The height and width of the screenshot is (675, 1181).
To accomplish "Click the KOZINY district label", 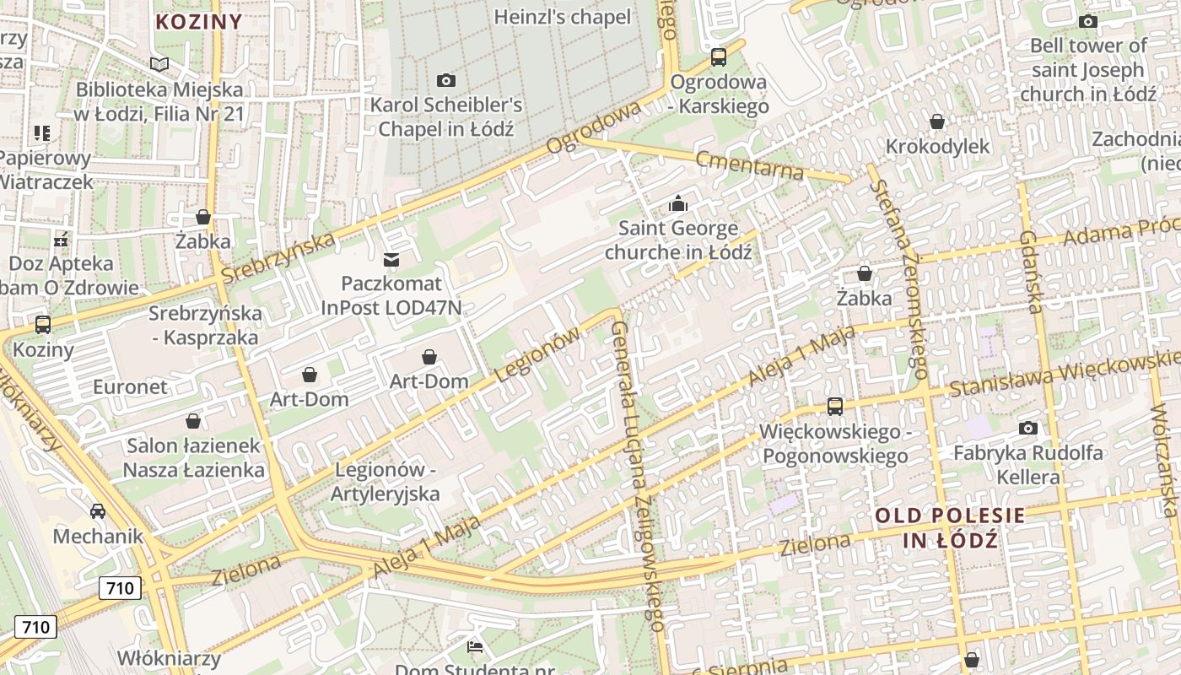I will [x=199, y=22].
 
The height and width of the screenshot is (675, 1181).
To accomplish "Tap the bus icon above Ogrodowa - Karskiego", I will [x=719, y=57].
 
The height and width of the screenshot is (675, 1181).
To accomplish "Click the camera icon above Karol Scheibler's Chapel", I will [x=446, y=80].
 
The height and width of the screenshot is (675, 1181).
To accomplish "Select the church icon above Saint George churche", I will [x=677, y=203].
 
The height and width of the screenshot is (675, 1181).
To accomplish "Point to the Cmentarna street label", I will [x=750, y=165].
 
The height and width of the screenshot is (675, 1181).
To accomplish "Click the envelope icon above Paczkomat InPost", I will [x=391, y=259].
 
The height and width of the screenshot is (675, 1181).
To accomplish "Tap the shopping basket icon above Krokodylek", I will [x=936, y=121].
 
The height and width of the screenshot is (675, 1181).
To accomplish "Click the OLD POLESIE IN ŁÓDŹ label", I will [x=950, y=527].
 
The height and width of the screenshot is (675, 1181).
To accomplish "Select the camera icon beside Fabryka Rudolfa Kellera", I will [x=1027, y=428].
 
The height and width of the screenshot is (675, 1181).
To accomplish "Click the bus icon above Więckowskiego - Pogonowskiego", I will [x=835, y=407].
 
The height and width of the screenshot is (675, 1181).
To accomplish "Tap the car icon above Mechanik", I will [x=98, y=510].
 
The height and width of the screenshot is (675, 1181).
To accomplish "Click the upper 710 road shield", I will [x=120, y=587].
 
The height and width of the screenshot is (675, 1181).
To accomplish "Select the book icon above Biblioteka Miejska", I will [x=159, y=64].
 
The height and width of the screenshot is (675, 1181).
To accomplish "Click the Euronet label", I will [x=131, y=387].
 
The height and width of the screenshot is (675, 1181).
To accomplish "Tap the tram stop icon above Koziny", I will [x=43, y=324].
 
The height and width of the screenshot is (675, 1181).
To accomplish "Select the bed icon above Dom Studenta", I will [x=475, y=647].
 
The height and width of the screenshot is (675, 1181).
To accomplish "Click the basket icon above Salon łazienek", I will [x=193, y=420].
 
